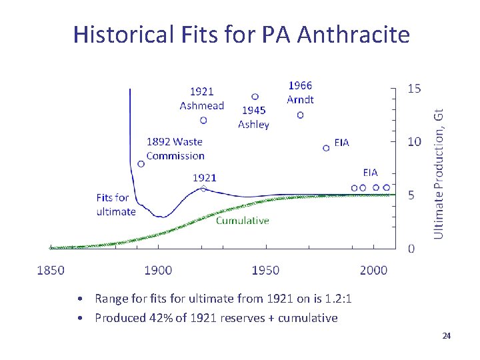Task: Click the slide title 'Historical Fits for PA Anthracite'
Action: point(241,34)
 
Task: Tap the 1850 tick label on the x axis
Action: point(51,270)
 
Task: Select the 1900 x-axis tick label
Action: point(158,270)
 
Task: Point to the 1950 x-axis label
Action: point(265,270)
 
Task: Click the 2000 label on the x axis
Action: point(373,270)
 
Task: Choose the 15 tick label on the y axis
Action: point(414,89)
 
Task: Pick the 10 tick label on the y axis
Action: point(414,141)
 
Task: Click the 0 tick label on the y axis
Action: point(411,249)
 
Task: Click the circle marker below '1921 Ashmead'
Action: point(203,120)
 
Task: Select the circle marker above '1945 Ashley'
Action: point(255,97)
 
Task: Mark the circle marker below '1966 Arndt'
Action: point(300,115)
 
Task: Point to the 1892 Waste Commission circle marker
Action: point(141,164)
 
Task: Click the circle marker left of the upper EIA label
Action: point(326,148)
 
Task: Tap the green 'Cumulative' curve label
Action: point(242,221)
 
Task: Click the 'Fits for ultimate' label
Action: point(115,205)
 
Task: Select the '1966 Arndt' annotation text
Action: point(300,93)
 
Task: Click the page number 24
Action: point(447,335)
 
